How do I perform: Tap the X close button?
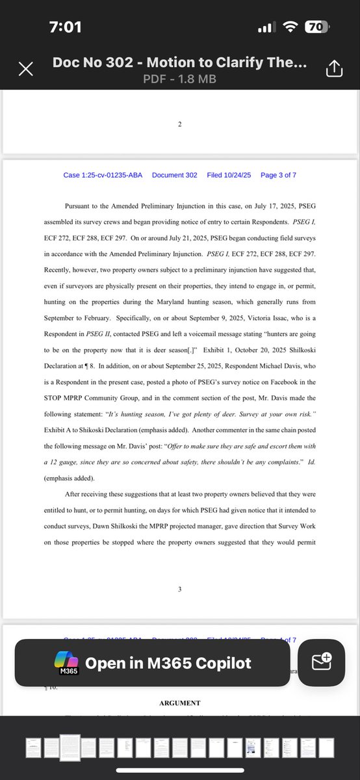26,70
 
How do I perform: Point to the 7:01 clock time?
66,28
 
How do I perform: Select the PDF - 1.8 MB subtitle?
180,79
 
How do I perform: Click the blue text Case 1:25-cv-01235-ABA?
103,175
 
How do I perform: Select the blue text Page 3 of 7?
278,175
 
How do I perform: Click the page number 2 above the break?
180,123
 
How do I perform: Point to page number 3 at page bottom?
180,589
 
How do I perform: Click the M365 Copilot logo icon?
67,663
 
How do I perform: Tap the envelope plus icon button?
322,662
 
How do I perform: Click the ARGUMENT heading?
180,703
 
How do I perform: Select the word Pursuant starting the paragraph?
81,205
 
